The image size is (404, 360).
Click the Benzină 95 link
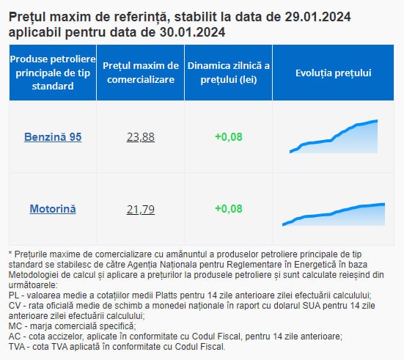click(x=53, y=137)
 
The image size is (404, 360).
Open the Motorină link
click(x=53, y=209)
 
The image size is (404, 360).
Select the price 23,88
click(x=141, y=137)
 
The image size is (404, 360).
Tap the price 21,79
click(x=141, y=209)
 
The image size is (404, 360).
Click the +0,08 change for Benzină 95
click(x=229, y=137)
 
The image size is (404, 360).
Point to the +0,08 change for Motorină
click(x=229, y=209)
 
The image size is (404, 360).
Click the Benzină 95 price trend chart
click(x=334, y=136)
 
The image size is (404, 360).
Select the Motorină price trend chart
click(x=334, y=215)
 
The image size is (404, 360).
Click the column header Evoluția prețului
click(x=334, y=73)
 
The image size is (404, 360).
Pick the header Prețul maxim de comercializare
click(x=141, y=73)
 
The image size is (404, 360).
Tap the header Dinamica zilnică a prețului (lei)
click(x=229, y=73)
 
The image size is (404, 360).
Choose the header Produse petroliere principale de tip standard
click(x=53, y=73)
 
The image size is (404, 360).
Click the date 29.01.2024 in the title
click(x=317, y=17)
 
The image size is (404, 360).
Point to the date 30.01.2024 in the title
click(x=192, y=32)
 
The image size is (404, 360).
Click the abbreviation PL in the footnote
click(x=14, y=295)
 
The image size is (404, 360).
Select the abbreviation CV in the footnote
click(x=15, y=306)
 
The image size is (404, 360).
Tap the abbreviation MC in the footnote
click(x=15, y=326)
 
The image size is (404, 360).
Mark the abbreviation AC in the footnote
click(x=15, y=337)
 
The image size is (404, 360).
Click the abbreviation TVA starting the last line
click(x=17, y=347)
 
